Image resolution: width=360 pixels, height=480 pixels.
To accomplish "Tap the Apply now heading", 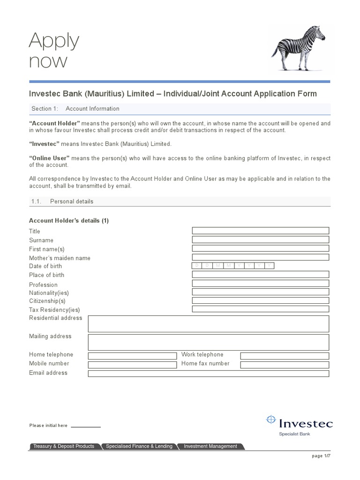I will (x=54, y=51).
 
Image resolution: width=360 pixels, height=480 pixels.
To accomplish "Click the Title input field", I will (x=261, y=231).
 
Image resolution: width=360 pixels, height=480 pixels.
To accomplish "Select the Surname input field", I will (x=261, y=240).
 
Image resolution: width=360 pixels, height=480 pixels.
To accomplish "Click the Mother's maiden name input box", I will (x=261, y=257).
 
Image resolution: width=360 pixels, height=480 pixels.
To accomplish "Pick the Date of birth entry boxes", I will (x=233, y=266).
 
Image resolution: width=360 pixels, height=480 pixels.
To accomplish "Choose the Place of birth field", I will (x=261, y=274).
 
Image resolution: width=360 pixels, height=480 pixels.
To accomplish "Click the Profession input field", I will (x=261, y=284).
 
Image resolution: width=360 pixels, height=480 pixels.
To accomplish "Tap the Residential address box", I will (x=209, y=324).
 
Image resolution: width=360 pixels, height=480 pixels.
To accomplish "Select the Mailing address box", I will (x=209, y=342).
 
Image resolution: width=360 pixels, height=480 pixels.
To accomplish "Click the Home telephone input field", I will (x=132, y=356).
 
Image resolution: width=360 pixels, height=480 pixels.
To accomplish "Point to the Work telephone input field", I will (x=285, y=356).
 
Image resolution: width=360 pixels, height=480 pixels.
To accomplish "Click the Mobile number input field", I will (x=132, y=364).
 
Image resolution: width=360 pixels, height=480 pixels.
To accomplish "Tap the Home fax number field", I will (x=285, y=364).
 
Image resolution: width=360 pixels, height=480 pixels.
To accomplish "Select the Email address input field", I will (x=209, y=374).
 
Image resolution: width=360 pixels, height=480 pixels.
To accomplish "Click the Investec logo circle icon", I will (x=271, y=420).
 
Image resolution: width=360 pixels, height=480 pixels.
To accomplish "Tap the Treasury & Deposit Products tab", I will (x=64, y=446).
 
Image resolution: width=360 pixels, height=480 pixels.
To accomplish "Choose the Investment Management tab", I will (x=210, y=446).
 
